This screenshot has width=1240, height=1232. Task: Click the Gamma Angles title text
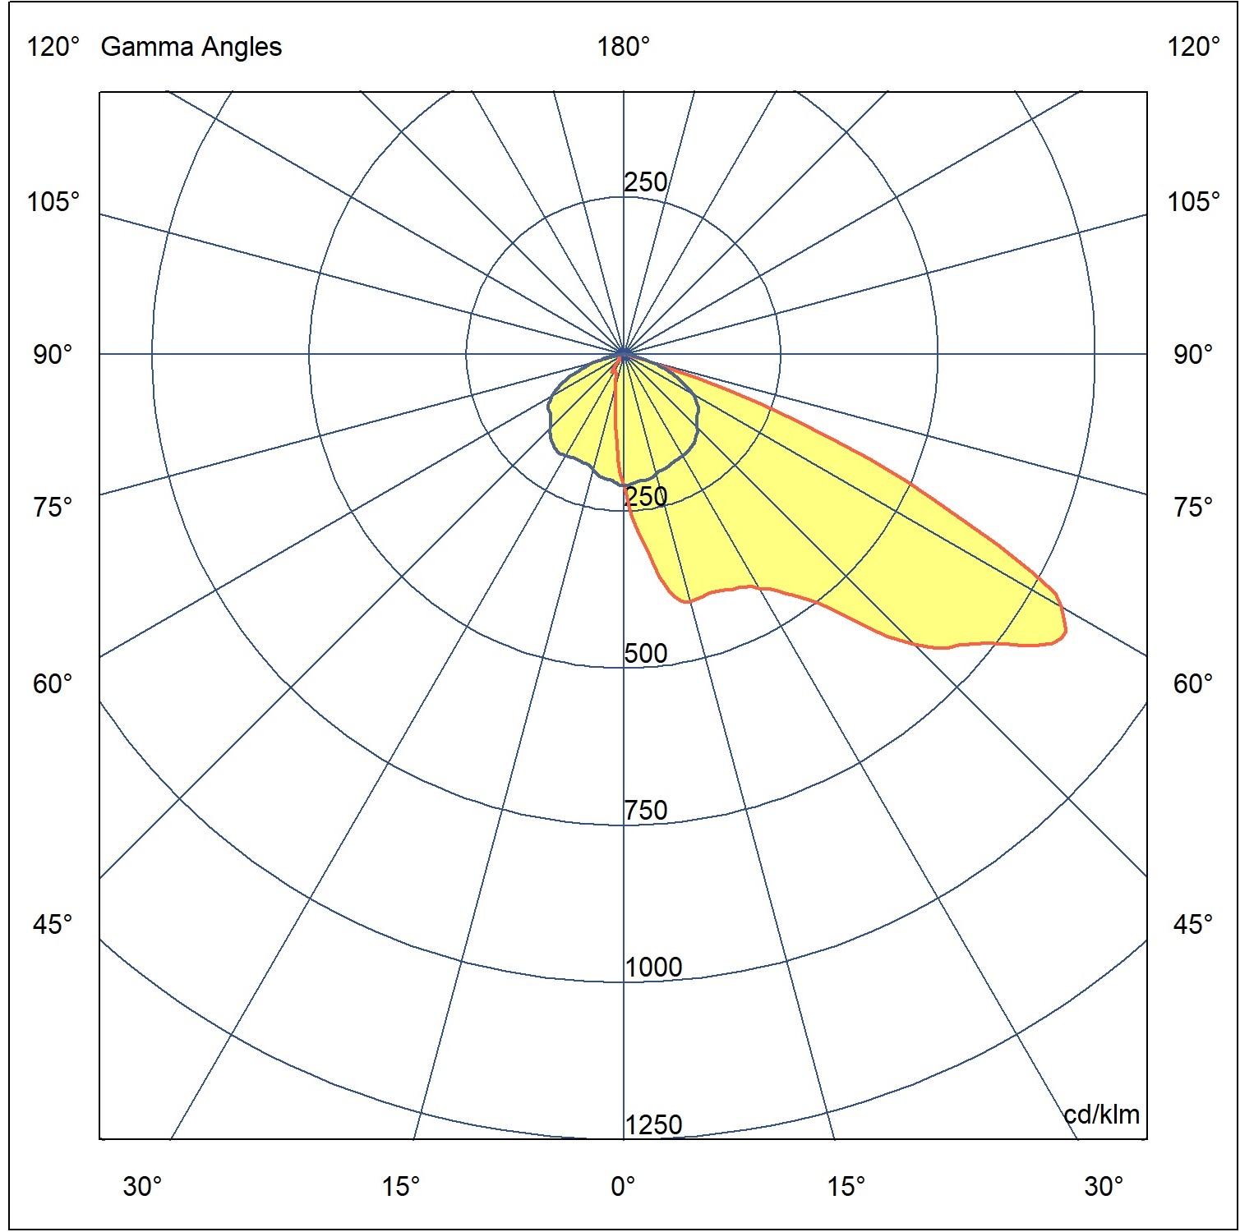[191, 47]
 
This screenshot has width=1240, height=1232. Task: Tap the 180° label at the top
[623, 47]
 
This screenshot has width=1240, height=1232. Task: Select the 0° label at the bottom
[623, 1186]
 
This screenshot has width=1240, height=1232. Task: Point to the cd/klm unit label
[1101, 1115]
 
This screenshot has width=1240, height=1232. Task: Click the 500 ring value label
[646, 654]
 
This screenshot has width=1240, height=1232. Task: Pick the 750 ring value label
[646, 811]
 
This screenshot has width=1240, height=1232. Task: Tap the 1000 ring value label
[653, 968]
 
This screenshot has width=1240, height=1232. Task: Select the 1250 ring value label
[653, 1124]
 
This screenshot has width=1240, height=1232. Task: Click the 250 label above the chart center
[646, 182]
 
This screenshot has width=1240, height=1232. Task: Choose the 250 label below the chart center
[647, 496]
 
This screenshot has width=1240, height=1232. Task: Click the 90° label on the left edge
[53, 355]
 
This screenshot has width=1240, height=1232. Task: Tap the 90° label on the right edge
[1193, 355]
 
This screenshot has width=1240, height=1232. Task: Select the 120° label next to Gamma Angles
[53, 47]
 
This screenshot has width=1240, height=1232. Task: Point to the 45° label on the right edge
[1193, 925]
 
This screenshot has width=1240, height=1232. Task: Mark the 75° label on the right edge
[1193, 508]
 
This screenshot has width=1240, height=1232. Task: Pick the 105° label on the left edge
[53, 201]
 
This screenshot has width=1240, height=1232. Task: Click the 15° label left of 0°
[400, 1186]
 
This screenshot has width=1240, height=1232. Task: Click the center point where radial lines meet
[624, 354]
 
